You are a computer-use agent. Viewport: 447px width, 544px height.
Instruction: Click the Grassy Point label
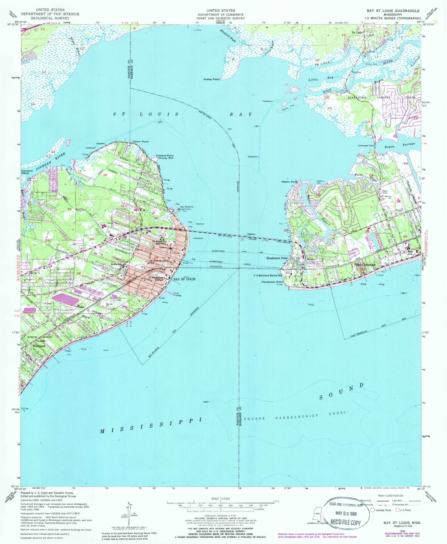point(211,79)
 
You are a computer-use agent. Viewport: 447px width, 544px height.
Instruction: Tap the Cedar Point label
point(141,141)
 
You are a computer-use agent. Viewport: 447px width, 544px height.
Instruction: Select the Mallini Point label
point(289,182)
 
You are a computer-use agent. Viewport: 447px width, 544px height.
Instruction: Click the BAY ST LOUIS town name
point(184,279)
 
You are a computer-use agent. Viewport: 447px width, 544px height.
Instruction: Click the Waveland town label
point(39,346)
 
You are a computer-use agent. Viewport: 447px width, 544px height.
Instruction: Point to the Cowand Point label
point(165,156)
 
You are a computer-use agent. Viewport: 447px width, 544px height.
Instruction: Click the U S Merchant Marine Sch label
point(267,275)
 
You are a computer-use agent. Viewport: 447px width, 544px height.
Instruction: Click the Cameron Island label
point(27,172)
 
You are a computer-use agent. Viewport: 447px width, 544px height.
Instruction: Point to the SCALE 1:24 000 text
point(220,499)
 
